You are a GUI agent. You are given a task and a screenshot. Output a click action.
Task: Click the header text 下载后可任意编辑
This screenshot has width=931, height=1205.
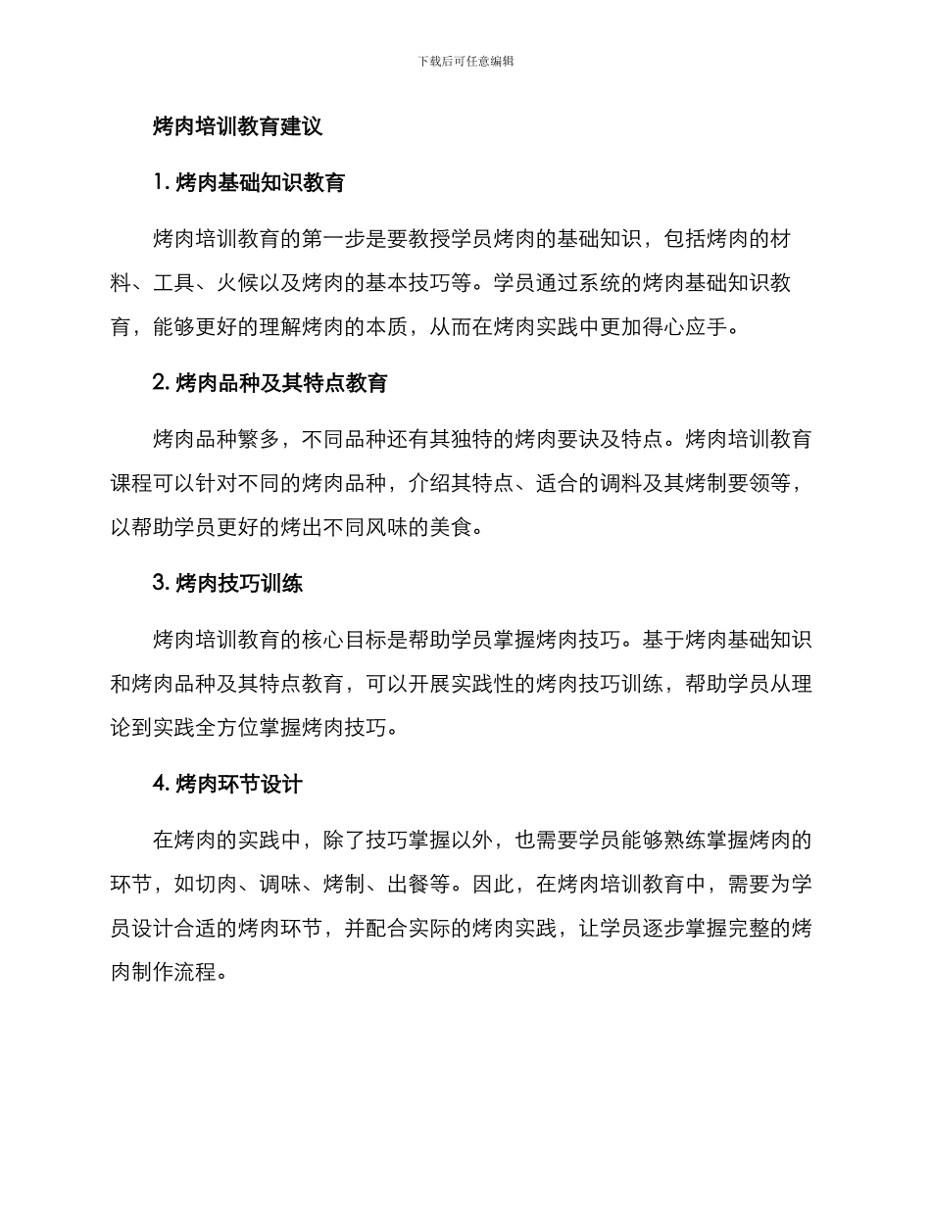465,61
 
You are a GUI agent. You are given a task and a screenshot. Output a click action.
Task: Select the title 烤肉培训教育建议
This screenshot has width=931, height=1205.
238,125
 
